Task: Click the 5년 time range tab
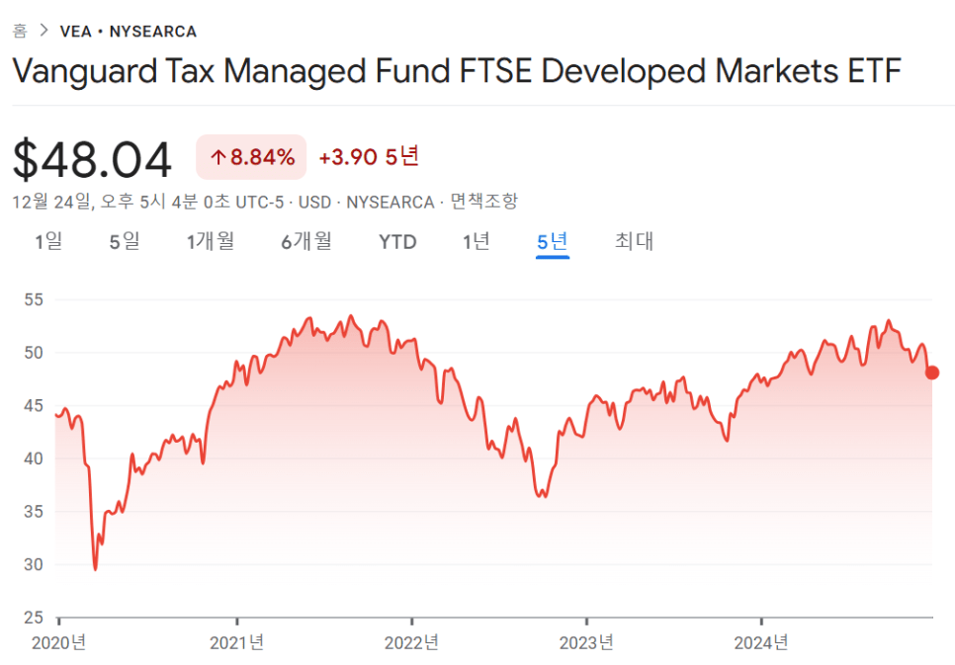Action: tap(552, 242)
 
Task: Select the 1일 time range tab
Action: tap(48, 242)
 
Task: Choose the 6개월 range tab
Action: tap(306, 242)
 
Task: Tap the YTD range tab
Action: tap(397, 242)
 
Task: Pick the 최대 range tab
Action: tap(634, 242)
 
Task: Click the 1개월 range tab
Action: tap(211, 242)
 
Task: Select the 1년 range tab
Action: tap(477, 242)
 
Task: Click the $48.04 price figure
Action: tap(93, 160)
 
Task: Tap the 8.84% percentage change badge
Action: tap(251, 156)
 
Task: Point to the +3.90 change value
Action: tap(347, 156)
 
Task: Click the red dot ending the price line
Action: tap(931, 373)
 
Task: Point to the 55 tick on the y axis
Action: tap(35, 299)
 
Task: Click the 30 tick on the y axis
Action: tap(35, 565)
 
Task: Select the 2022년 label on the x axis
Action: tap(411, 643)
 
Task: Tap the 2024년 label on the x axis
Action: tap(761, 643)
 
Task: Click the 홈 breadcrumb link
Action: tap(20, 31)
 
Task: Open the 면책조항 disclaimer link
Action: tap(483, 202)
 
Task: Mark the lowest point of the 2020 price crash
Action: tap(95, 569)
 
